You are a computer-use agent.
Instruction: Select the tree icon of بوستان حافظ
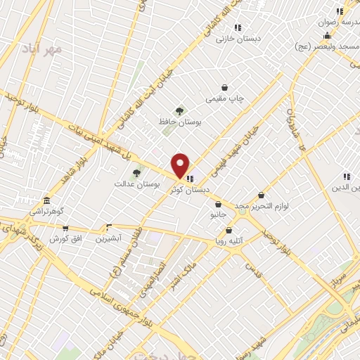179,111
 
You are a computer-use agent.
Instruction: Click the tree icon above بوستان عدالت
136,172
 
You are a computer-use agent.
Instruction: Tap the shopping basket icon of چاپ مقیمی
224,88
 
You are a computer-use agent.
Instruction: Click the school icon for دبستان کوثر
191,179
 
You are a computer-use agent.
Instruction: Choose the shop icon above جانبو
218,205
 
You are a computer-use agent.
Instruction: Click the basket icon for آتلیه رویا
229,230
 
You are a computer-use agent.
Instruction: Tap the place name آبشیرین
109,238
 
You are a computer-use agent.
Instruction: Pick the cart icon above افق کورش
65,229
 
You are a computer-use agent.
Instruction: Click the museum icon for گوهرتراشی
46,200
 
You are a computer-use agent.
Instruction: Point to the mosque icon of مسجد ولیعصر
327,35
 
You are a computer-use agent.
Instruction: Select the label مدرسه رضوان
335,22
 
